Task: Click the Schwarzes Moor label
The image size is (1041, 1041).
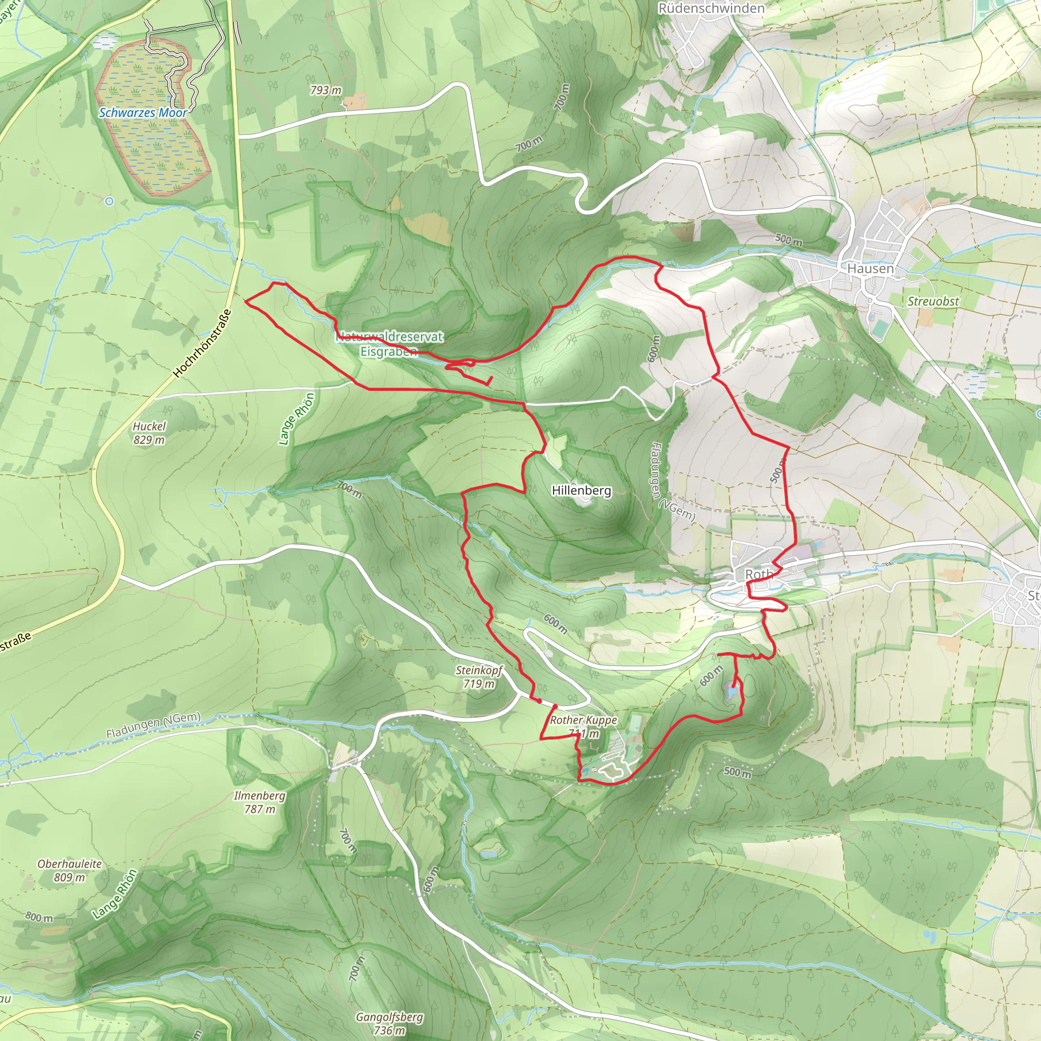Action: pyautogui.click(x=143, y=113)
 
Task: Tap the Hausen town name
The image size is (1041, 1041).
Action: pyautogui.click(x=870, y=268)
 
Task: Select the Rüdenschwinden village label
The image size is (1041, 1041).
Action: pyautogui.click(x=711, y=9)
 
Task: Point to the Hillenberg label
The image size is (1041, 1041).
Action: pyautogui.click(x=581, y=491)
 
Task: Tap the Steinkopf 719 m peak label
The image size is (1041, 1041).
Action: pyautogui.click(x=478, y=677)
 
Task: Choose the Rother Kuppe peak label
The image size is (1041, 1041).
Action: pyautogui.click(x=583, y=726)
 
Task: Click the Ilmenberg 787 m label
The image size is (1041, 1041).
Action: pyautogui.click(x=259, y=802)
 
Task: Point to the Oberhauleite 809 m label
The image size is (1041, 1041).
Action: pyautogui.click(x=70, y=870)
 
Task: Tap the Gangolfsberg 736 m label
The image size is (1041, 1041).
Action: pyautogui.click(x=389, y=1024)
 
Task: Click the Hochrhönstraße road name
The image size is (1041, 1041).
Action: pyautogui.click(x=202, y=343)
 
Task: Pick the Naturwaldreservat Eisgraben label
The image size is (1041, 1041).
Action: pyautogui.click(x=389, y=344)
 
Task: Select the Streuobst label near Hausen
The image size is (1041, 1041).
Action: pyautogui.click(x=933, y=301)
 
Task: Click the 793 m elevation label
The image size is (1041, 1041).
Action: pyautogui.click(x=325, y=90)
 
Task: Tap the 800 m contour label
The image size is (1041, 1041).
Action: pyautogui.click(x=39, y=917)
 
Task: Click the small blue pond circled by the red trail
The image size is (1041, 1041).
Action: pyautogui.click(x=732, y=691)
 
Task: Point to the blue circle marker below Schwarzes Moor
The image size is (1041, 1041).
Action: pyautogui.click(x=109, y=201)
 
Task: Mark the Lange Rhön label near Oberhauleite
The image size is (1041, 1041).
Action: pyautogui.click(x=114, y=895)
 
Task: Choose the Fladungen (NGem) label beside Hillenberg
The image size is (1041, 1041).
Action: pyautogui.click(x=673, y=482)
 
